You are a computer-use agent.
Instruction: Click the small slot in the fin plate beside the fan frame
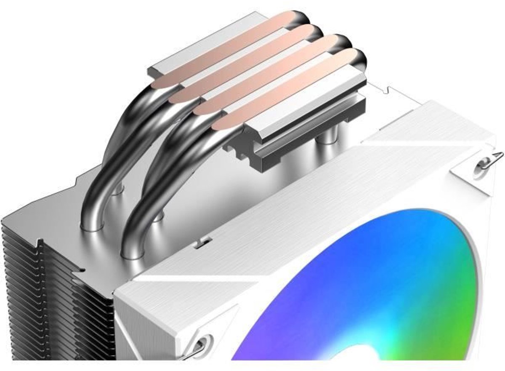203,242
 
